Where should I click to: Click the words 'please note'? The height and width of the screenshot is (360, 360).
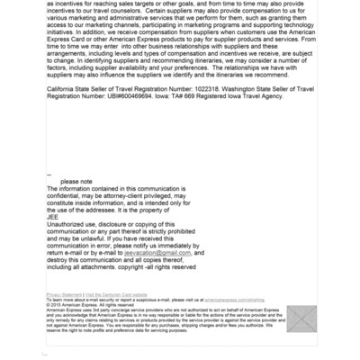[x=76, y=181]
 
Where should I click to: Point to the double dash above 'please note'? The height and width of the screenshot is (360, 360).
[x=49, y=174]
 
